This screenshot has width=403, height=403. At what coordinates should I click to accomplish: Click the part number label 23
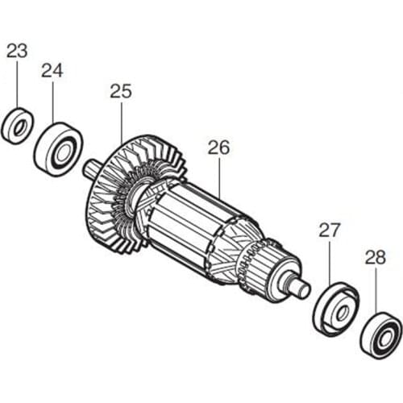[x=16, y=50]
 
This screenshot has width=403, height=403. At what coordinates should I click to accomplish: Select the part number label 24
[x=52, y=70]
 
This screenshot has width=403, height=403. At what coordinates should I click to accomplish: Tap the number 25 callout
[x=120, y=92]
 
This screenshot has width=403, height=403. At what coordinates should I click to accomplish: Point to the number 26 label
[x=218, y=147]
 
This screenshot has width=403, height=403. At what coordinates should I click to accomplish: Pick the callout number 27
[x=330, y=230]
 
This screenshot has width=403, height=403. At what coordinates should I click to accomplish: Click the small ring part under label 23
[x=16, y=126]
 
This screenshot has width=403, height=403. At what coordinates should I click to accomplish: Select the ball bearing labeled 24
[x=58, y=150]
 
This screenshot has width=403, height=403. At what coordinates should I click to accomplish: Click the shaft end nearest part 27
[x=303, y=287]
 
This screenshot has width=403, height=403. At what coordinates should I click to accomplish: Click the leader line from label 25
[x=121, y=121]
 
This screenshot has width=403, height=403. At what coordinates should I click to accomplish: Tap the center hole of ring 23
[x=16, y=127]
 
